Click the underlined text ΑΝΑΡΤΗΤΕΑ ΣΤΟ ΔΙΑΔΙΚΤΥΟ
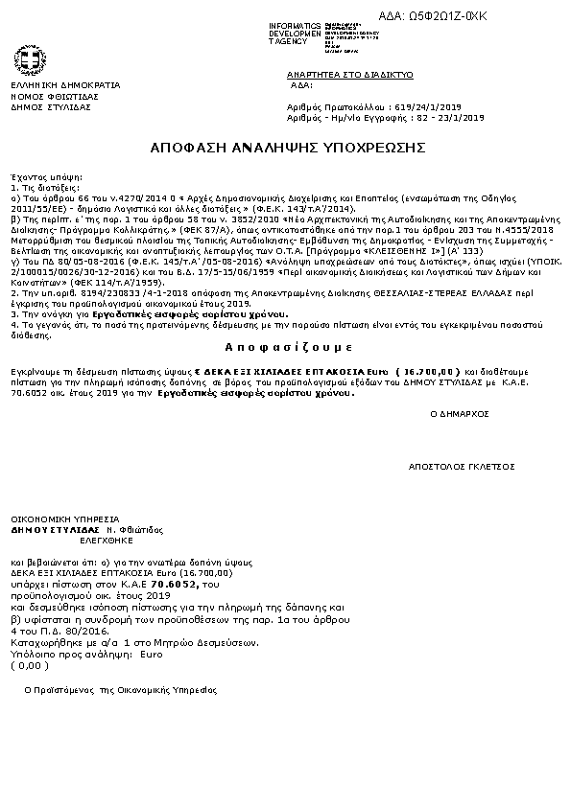click(x=349, y=74)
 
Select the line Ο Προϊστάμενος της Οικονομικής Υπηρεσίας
click(x=121, y=690)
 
